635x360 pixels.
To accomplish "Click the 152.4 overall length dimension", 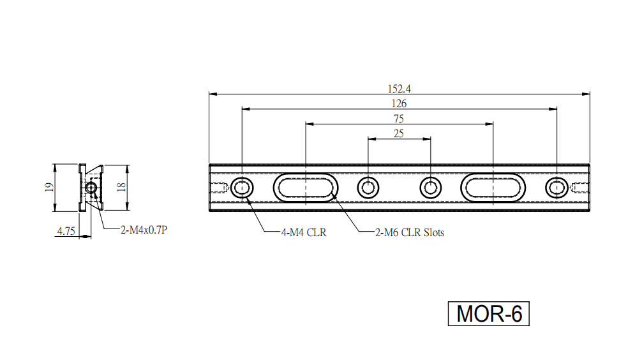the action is click(x=399, y=88).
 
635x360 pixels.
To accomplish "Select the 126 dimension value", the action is click(x=399, y=103).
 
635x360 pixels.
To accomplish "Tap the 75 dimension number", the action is click(x=399, y=119).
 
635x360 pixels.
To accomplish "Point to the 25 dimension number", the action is click(x=399, y=133).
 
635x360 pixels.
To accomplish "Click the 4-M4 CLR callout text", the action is click(x=304, y=232).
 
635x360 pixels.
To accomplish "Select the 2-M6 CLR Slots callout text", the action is click(x=410, y=232).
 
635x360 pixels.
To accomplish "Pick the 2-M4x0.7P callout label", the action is click(x=144, y=230).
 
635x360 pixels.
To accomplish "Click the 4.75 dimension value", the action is click(x=66, y=231).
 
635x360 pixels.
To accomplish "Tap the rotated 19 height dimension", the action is click(x=49, y=187).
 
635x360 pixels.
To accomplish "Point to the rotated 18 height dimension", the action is click(x=121, y=187).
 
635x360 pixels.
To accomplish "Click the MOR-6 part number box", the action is click(x=489, y=313).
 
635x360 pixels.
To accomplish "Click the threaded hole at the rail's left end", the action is click(x=219, y=188).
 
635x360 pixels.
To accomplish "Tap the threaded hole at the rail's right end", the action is click(x=579, y=188).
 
